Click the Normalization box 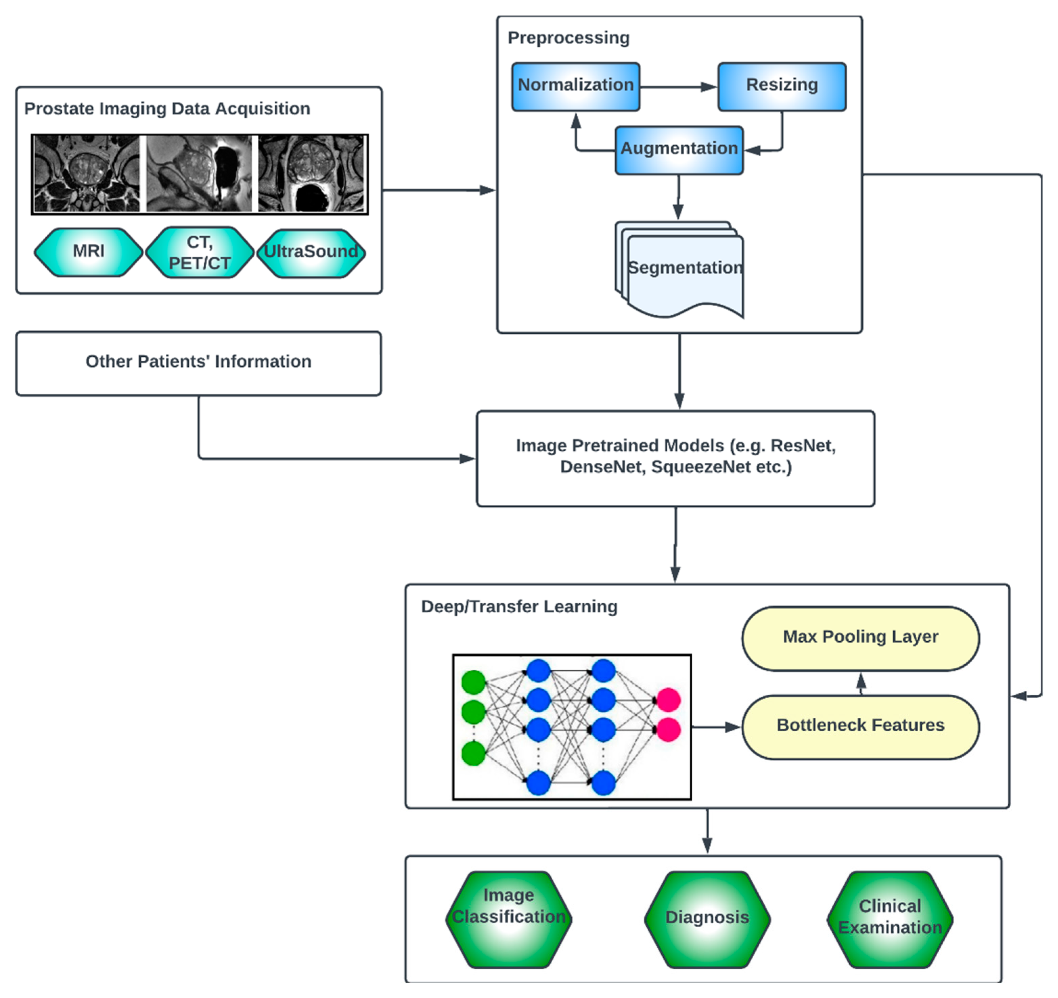[x=575, y=87]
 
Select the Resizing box [x=782, y=87]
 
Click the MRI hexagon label [x=88, y=251]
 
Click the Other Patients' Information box [x=199, y=363]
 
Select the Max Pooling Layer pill [x=860, y=638]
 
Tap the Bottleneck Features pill [x=860, y=726]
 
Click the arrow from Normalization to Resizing [x=678, y=87]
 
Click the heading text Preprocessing [x=568, y=38]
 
